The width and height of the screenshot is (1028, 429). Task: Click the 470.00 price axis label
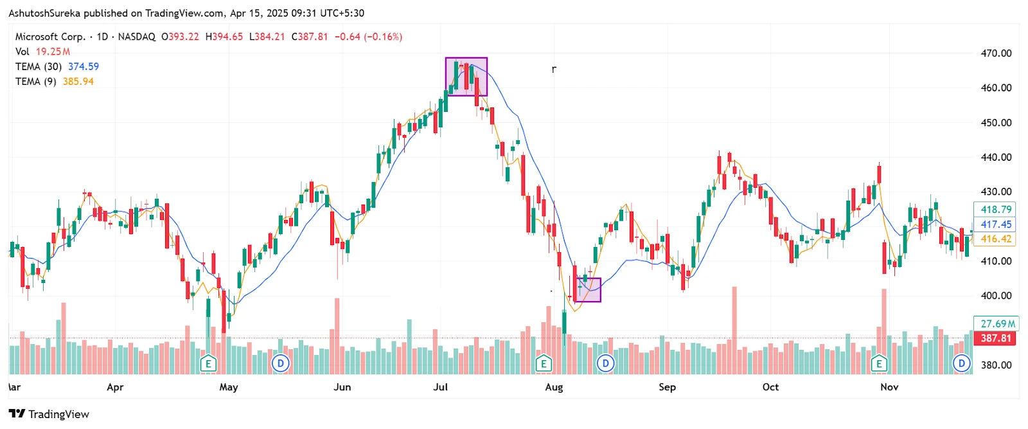(x=996, y=53)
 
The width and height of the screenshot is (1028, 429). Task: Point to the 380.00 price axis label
(x=996, y=365)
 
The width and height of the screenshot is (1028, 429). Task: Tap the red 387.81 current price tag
(x=995, y=338)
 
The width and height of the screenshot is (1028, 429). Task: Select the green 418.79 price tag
(x=995, y=210)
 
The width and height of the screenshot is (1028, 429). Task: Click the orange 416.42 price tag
(x=995, y=239)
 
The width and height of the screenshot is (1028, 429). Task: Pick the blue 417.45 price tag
(x=995, y=224)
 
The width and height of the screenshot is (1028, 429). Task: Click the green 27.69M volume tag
(x=997, y=324)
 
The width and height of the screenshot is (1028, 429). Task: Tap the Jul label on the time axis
(x=440, y=387)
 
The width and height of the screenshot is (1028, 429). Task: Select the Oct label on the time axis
(x=770, y=387)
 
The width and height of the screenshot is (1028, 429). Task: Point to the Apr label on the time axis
(x=115, y=387)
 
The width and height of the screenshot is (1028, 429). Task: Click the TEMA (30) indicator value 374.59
(x=84, y=67)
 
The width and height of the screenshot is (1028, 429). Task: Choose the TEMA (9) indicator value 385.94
(x=78, y=82)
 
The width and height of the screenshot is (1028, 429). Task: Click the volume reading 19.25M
(x=53, y=51)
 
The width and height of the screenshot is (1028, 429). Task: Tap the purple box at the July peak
(x=466, y=77)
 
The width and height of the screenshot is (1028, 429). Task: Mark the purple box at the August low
(x=588, y=290)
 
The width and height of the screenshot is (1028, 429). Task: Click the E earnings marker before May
(x=208, y=363)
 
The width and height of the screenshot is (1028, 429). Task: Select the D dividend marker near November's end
(x=961, y=363)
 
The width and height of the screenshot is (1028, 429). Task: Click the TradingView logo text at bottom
(x=58, y=414)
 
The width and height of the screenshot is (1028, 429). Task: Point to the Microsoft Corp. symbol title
(x=50, y=37)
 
